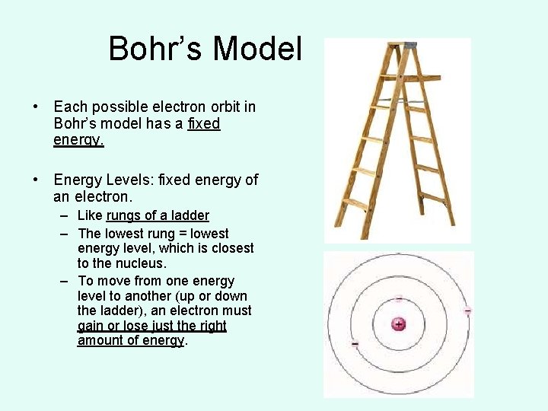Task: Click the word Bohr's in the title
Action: pyautogui.click(x=157, y=49)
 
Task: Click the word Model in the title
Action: pyautogui.click(x=258, y=49)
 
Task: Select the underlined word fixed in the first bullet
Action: pyautogui.click(x=203, y=124)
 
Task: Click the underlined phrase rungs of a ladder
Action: pyautogui.click(x=158, y=216)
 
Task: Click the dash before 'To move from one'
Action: pyautogui.click(x=65, y=281)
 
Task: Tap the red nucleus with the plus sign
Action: pyautogui.click(x=398, y=324)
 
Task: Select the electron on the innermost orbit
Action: pyautogui.click(x=399, y=298)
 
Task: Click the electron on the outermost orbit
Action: pyautogui.click(x=467, y=311)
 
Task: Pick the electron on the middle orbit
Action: pyautogui.click(x=355, y=344)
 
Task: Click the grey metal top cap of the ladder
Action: pyautogui.click(x=411, y=45)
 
